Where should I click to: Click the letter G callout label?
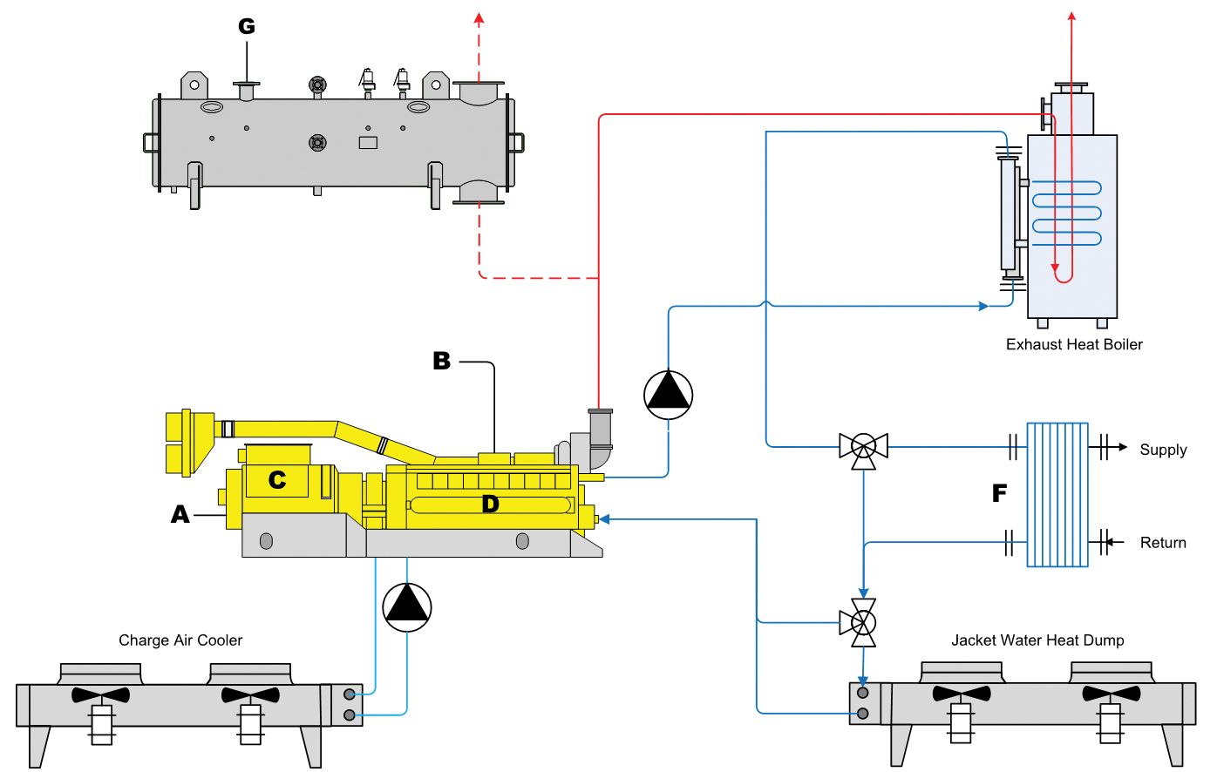247,26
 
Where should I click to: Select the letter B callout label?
441,361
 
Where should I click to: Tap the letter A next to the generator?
180,513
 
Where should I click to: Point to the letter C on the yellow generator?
277,479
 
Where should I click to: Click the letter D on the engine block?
490,505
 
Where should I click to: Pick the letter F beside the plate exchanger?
999,493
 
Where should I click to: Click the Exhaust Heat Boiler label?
1074,344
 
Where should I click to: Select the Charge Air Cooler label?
180,640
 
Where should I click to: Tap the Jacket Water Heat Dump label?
1037,640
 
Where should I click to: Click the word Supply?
1163,450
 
